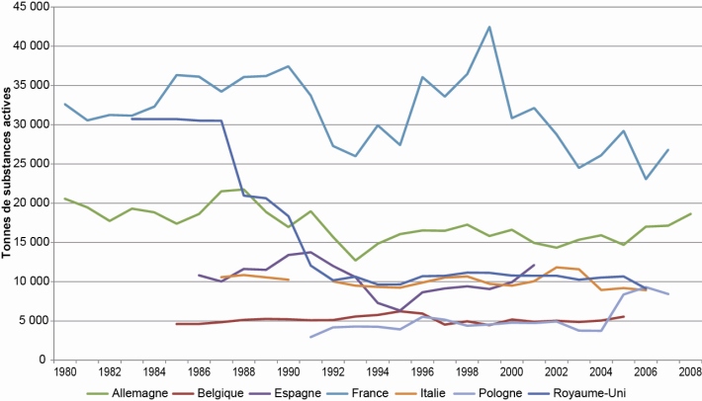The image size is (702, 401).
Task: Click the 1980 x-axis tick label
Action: (65, 372)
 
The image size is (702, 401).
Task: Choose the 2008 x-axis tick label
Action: (690, 372)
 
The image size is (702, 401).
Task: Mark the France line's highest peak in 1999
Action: (489, 27)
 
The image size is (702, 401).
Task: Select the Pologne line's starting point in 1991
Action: (310, 337)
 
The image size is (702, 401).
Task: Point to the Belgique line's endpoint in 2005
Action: (623, 316)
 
